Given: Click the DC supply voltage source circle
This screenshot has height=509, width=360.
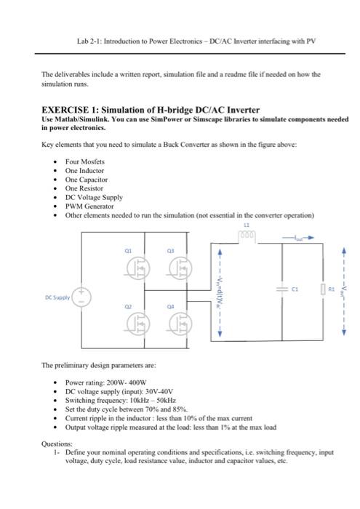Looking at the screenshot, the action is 84,294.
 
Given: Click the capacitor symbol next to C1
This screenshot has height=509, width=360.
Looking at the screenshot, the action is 281,288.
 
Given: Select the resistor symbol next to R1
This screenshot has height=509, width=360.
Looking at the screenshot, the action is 322,289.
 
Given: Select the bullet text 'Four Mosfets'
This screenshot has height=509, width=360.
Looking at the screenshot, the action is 84,161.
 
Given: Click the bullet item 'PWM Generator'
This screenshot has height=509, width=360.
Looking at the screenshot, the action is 90,206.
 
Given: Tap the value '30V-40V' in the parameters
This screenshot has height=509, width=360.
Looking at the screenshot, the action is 158,390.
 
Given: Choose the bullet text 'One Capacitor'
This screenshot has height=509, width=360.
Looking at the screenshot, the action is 87,179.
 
